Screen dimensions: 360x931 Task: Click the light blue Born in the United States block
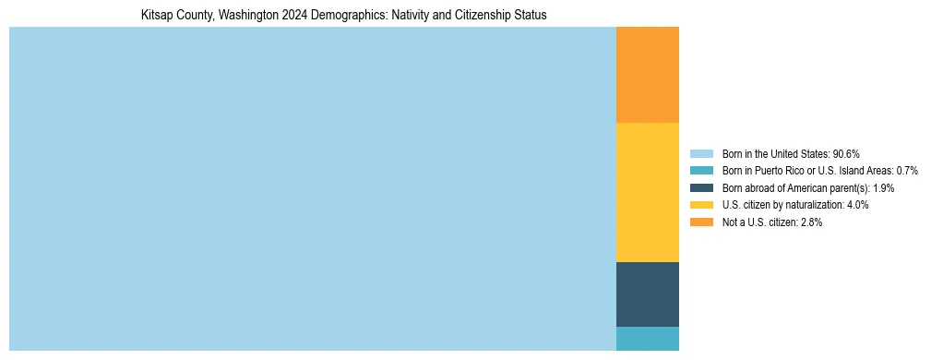(x=312, y=188)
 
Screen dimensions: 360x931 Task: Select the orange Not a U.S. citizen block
(x=647, y=75)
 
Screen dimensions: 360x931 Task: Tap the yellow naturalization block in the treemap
(x=647, y=192)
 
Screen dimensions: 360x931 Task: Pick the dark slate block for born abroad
(x=647, y=294)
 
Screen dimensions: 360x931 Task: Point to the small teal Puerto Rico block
(x=647, y=339)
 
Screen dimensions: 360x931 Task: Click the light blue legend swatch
(x=701, y=153)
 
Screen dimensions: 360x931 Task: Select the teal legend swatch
(x=701, y=171)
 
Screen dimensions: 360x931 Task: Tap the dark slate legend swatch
(x=701, y=187)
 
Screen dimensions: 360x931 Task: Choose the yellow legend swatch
(x=701, y=205)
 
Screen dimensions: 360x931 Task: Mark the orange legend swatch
(x=701, y=222)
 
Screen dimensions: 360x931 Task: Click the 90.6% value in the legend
(x=846, y=153)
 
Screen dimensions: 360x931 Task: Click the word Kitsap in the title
(x=157, y=16)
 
